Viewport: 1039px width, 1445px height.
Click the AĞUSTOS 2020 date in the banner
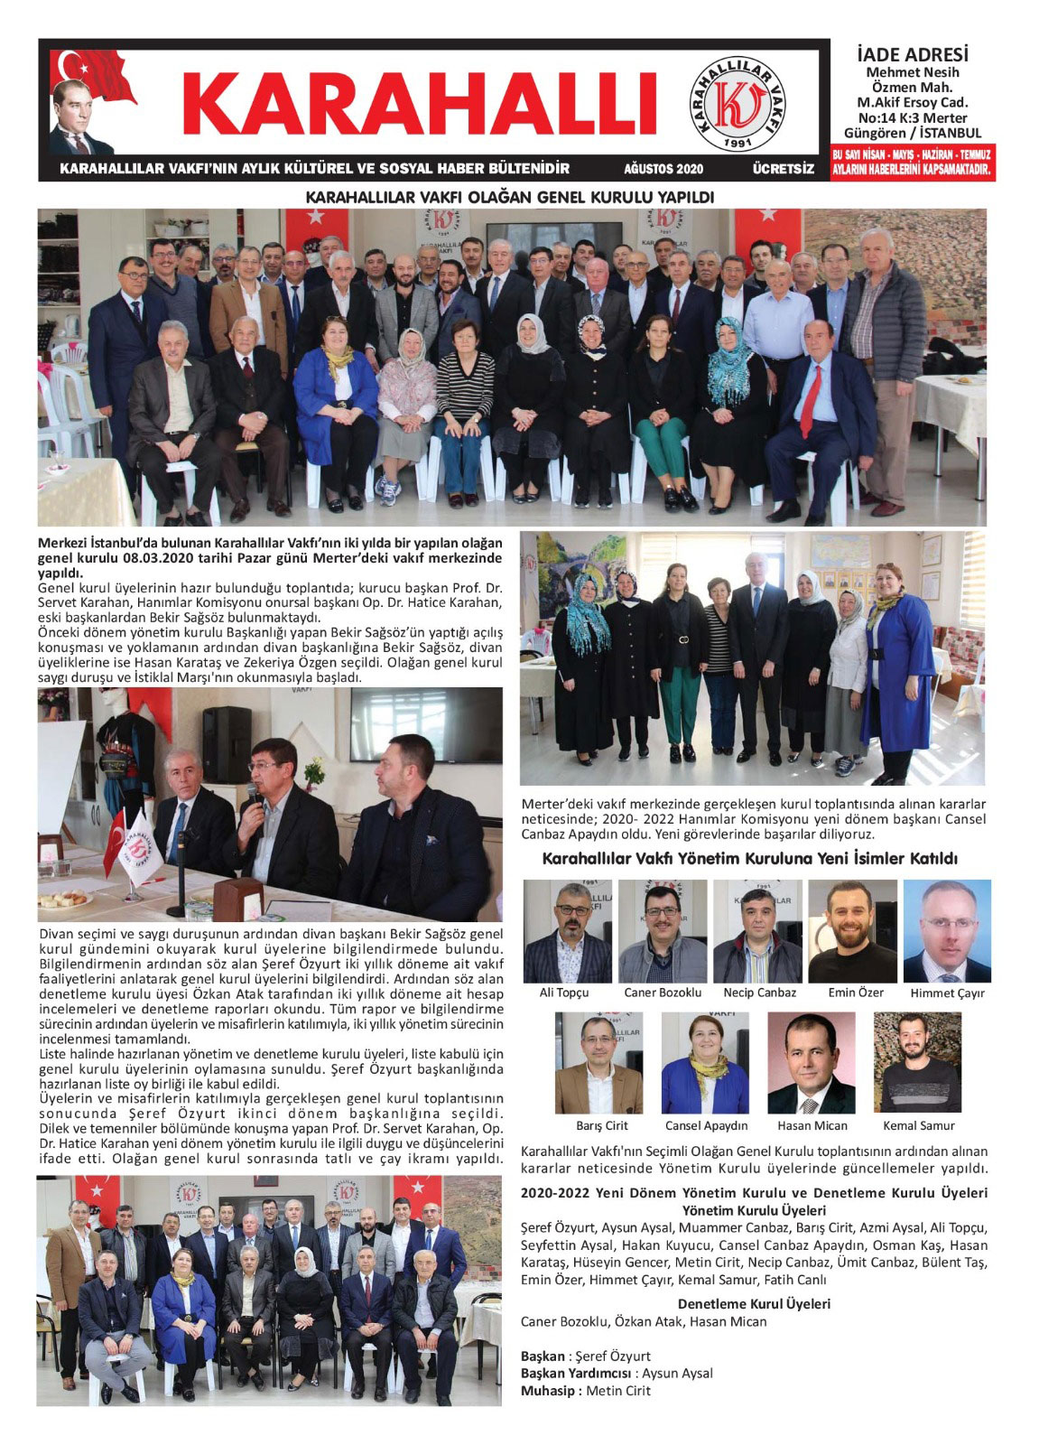[x=663, y=169]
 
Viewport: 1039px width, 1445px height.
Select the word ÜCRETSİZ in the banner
[x=783, y=169]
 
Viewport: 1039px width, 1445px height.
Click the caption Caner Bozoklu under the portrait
[x=663, y=993]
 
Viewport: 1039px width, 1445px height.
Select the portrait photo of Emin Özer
[x=852, y=932]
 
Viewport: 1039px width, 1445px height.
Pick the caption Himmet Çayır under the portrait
[x=948, y=993]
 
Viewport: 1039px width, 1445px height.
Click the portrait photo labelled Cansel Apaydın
[x=705, y=1063]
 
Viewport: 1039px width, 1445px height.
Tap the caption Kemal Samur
[x=919, y=1125]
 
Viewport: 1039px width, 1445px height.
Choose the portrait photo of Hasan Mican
[x=811, y=1063]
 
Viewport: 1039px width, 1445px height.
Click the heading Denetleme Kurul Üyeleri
[x=754, y=1304]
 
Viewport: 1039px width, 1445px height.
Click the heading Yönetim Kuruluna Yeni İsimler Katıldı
[x=749, y=859]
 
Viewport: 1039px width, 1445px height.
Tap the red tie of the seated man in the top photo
[x=811, y=400]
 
